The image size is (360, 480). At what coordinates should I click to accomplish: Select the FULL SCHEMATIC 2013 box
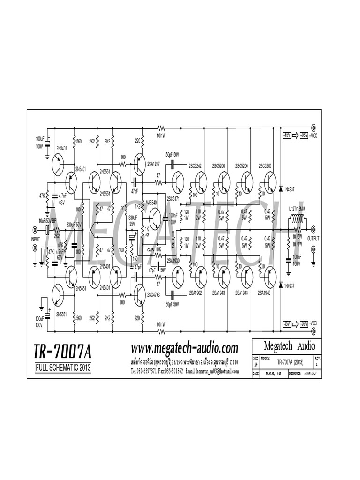(63, 368)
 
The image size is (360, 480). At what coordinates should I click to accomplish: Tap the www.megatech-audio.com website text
(185, 348)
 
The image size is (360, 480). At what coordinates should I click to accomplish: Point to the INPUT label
(36, 239)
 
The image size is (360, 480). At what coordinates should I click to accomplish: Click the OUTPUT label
(313, 238)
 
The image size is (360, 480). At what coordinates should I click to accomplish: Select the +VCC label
(313, 135)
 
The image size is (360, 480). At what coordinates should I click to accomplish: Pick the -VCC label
(313, 323)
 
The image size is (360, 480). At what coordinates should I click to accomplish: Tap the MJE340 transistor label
(151, 202)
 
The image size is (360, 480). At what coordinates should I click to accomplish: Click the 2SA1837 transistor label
(154, 164)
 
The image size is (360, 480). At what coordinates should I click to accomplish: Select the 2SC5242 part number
(195, 166)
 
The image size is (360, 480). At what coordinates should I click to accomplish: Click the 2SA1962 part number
(195, 292)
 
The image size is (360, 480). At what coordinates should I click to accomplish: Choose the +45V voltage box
(287, 135)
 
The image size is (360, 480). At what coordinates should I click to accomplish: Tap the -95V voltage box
(303, 323)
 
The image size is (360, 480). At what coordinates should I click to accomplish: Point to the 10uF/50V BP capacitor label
(47, 220)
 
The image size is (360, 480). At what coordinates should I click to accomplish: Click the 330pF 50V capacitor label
(74, 225)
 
